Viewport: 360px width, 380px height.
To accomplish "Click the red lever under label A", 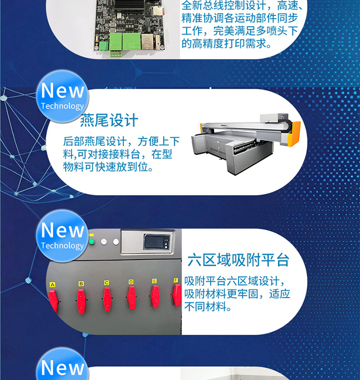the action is pos(53,301).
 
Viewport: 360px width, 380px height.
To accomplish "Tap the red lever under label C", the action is pos(107,299).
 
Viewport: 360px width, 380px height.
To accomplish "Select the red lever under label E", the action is pos(155,297).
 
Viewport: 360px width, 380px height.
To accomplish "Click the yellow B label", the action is pos(81,284).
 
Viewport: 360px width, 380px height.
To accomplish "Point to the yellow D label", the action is pos(131,282).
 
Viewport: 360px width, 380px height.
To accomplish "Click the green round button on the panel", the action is pos(91,241).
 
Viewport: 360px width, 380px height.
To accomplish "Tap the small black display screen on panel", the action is pos(156,241).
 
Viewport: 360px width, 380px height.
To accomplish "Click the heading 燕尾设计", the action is pos(109,120).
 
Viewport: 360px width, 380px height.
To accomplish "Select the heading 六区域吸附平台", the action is pos(238,260).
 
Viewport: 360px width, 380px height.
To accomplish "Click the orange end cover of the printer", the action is pos(294,133).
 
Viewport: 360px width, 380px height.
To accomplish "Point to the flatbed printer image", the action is pos(246,144).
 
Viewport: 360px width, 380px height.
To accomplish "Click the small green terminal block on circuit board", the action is pos(103,46).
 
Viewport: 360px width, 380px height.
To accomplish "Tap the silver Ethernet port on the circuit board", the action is pos(147,41).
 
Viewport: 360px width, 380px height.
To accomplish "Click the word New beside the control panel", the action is pos(63,230).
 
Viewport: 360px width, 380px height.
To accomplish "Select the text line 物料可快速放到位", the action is pos(108,167).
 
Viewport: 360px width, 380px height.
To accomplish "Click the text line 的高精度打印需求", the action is pos(226,44).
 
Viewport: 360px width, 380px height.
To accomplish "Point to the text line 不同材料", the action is pos(207,306).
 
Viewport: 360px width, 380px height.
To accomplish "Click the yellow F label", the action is pos(176,280).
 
